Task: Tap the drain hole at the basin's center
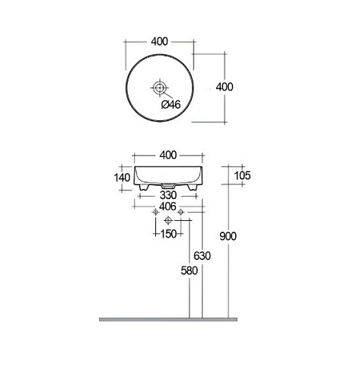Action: coord(160,88)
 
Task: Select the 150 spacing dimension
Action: coord(169,232)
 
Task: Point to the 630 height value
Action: coord(202,257)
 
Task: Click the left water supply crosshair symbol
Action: coord(155,213)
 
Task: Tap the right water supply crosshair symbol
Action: coord(181,213)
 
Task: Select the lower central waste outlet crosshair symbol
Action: coord(168,222)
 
